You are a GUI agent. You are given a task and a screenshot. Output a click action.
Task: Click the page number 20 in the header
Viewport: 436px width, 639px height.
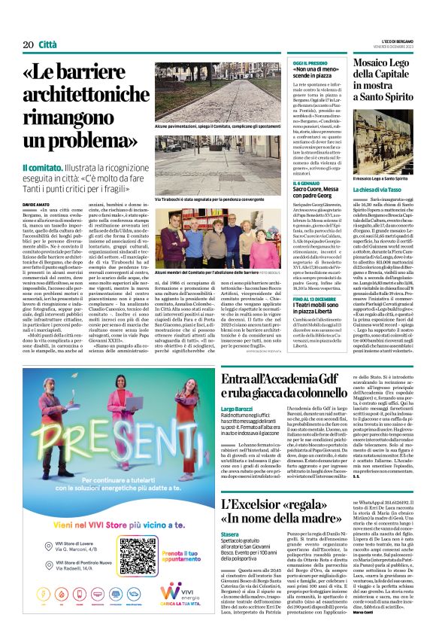click(28, 45)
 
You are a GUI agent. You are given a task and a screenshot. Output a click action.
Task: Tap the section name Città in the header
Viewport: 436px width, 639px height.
click(47, 45)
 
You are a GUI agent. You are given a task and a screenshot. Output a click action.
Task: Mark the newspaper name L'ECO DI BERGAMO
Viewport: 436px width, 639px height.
click(396, 42)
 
